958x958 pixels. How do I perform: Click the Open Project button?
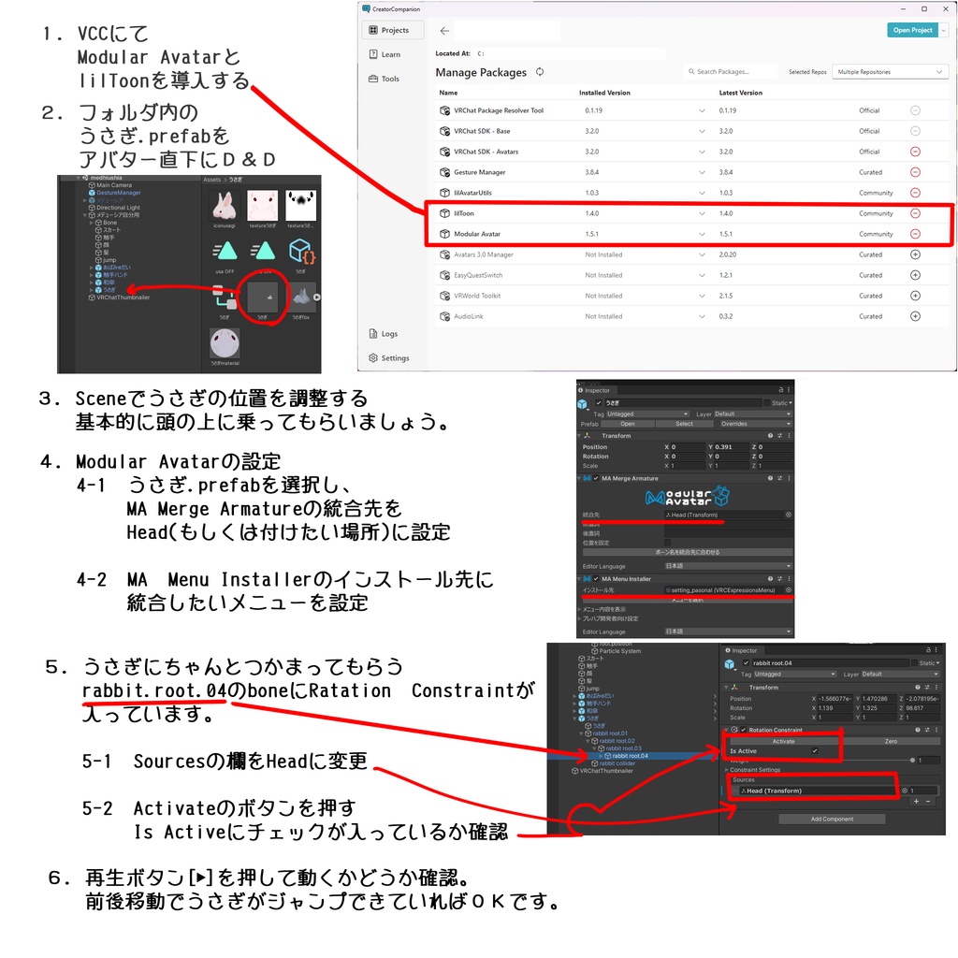coord(912,30)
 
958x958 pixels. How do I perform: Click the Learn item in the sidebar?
coord(390,54)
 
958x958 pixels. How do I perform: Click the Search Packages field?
coord(733,72)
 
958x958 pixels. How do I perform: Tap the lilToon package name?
coord(464,213)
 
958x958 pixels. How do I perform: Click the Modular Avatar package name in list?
coord(476,234)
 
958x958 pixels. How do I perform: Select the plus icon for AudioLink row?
coord(915,316)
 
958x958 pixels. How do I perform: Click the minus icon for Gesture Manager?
coord(915,172)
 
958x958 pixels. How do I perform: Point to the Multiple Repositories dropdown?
coord(890,72)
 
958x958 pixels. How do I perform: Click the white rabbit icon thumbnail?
coord(224,205)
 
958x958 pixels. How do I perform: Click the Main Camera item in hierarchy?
coord(114,185)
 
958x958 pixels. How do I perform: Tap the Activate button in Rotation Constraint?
coord(783,741)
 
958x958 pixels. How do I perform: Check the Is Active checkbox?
coord(815,751)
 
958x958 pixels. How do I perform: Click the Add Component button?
coord(832,819)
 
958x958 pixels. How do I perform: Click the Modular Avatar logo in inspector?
coord(686,498)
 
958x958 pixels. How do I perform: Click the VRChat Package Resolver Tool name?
coord(498,110)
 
